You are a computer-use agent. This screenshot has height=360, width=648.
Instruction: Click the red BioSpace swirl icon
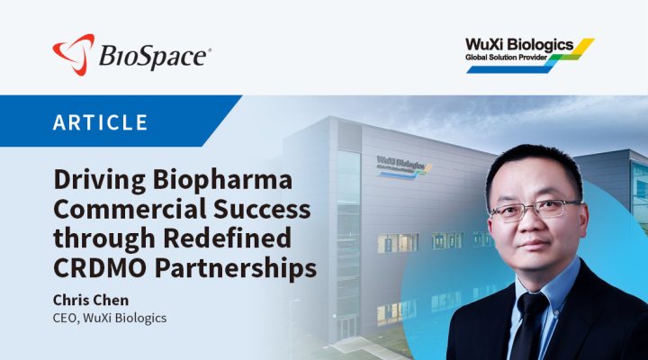[x=73, y=54]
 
